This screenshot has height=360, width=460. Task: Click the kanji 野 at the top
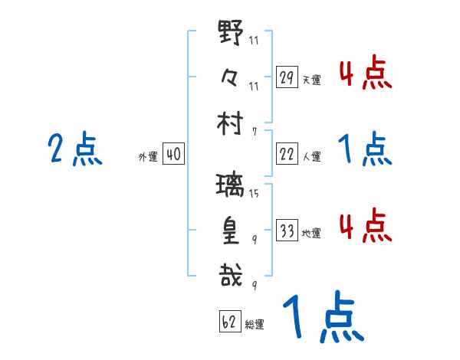[231, 34]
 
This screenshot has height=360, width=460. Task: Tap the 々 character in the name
[230, 77]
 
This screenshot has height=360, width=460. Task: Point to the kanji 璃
[231, 185]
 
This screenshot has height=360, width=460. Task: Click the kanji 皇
[231, 229]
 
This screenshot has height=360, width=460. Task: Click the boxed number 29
[287, 77]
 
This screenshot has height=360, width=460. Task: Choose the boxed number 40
[173, 155]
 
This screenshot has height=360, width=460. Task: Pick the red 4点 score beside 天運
[365, 74]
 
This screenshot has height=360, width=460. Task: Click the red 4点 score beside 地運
[365, 226]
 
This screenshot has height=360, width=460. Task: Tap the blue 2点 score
[75, 149]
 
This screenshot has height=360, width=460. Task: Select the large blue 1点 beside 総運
[322, 318]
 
